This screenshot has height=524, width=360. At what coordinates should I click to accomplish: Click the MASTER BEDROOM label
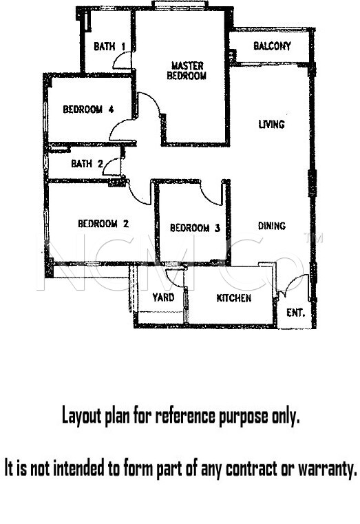pos(187,70)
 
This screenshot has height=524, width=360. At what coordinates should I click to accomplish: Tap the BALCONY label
pos(272,45)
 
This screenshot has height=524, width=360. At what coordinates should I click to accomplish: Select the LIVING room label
pos(272,125)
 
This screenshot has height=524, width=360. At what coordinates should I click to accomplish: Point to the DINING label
pos(272,226)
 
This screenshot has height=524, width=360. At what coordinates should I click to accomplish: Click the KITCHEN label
pos(234,297)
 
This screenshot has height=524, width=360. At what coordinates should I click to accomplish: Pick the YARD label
pos(163,297)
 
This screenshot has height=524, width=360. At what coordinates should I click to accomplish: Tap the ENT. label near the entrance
pos(296,313)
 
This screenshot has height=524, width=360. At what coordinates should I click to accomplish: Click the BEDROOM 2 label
pos(103,224)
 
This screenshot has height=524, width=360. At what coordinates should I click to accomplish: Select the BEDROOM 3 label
pos(195,228)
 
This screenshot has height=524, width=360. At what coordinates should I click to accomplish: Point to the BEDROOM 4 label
pos(89,109)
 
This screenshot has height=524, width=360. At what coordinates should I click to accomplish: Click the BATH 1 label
pos(109,46)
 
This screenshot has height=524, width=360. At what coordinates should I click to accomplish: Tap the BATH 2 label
pos(87,164)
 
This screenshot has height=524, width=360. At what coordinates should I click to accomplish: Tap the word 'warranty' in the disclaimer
pos(327,468)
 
